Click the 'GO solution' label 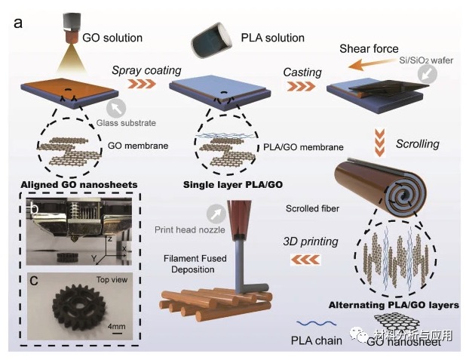click(112, 37)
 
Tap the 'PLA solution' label click(274, 37)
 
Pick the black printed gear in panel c click(74, 306)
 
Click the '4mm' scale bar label click(116, 328)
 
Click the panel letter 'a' click(17, 22)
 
